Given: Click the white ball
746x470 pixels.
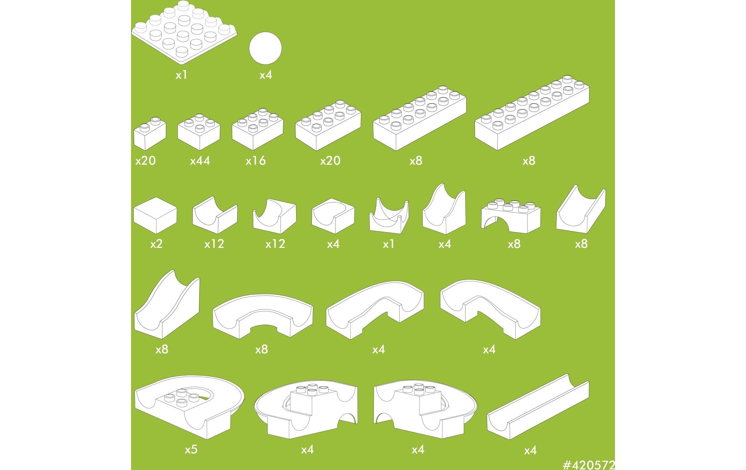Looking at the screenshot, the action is pyautogui.click(x=265, y=48).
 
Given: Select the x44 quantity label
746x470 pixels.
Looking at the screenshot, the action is pyautogui.click(x=200, y=161).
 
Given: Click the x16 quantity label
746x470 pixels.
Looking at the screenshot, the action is pyautogui.click(x=256, y=161).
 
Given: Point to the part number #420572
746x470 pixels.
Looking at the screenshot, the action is pyautogui.click(x=589, y=465).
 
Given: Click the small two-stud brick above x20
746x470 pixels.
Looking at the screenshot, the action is pyautogui.click(x=150, y=134).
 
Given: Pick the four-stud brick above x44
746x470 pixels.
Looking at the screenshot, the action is pyautogui.click(x=199, y=132).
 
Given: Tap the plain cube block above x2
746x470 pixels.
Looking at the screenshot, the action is pyautogui.click(x=155, y=215).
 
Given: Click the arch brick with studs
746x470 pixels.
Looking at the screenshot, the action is pyautogui.click(x=511, y=217).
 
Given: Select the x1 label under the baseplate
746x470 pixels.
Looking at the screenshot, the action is pyautogui.click(x=182, y=75).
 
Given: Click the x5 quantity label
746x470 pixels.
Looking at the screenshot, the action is pyautogui.click(x=191, y=449).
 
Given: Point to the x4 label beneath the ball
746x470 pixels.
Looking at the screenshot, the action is pyautogui.click(x=266, y=75).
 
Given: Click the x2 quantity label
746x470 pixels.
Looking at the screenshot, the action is pyautogui.click(x=156, y=244).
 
